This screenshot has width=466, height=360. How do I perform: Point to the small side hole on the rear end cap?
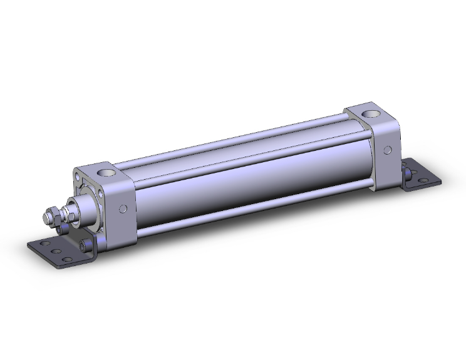388,150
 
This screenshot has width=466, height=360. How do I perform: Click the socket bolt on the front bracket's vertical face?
85,244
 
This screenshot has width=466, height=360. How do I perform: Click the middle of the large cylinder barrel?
251,182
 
